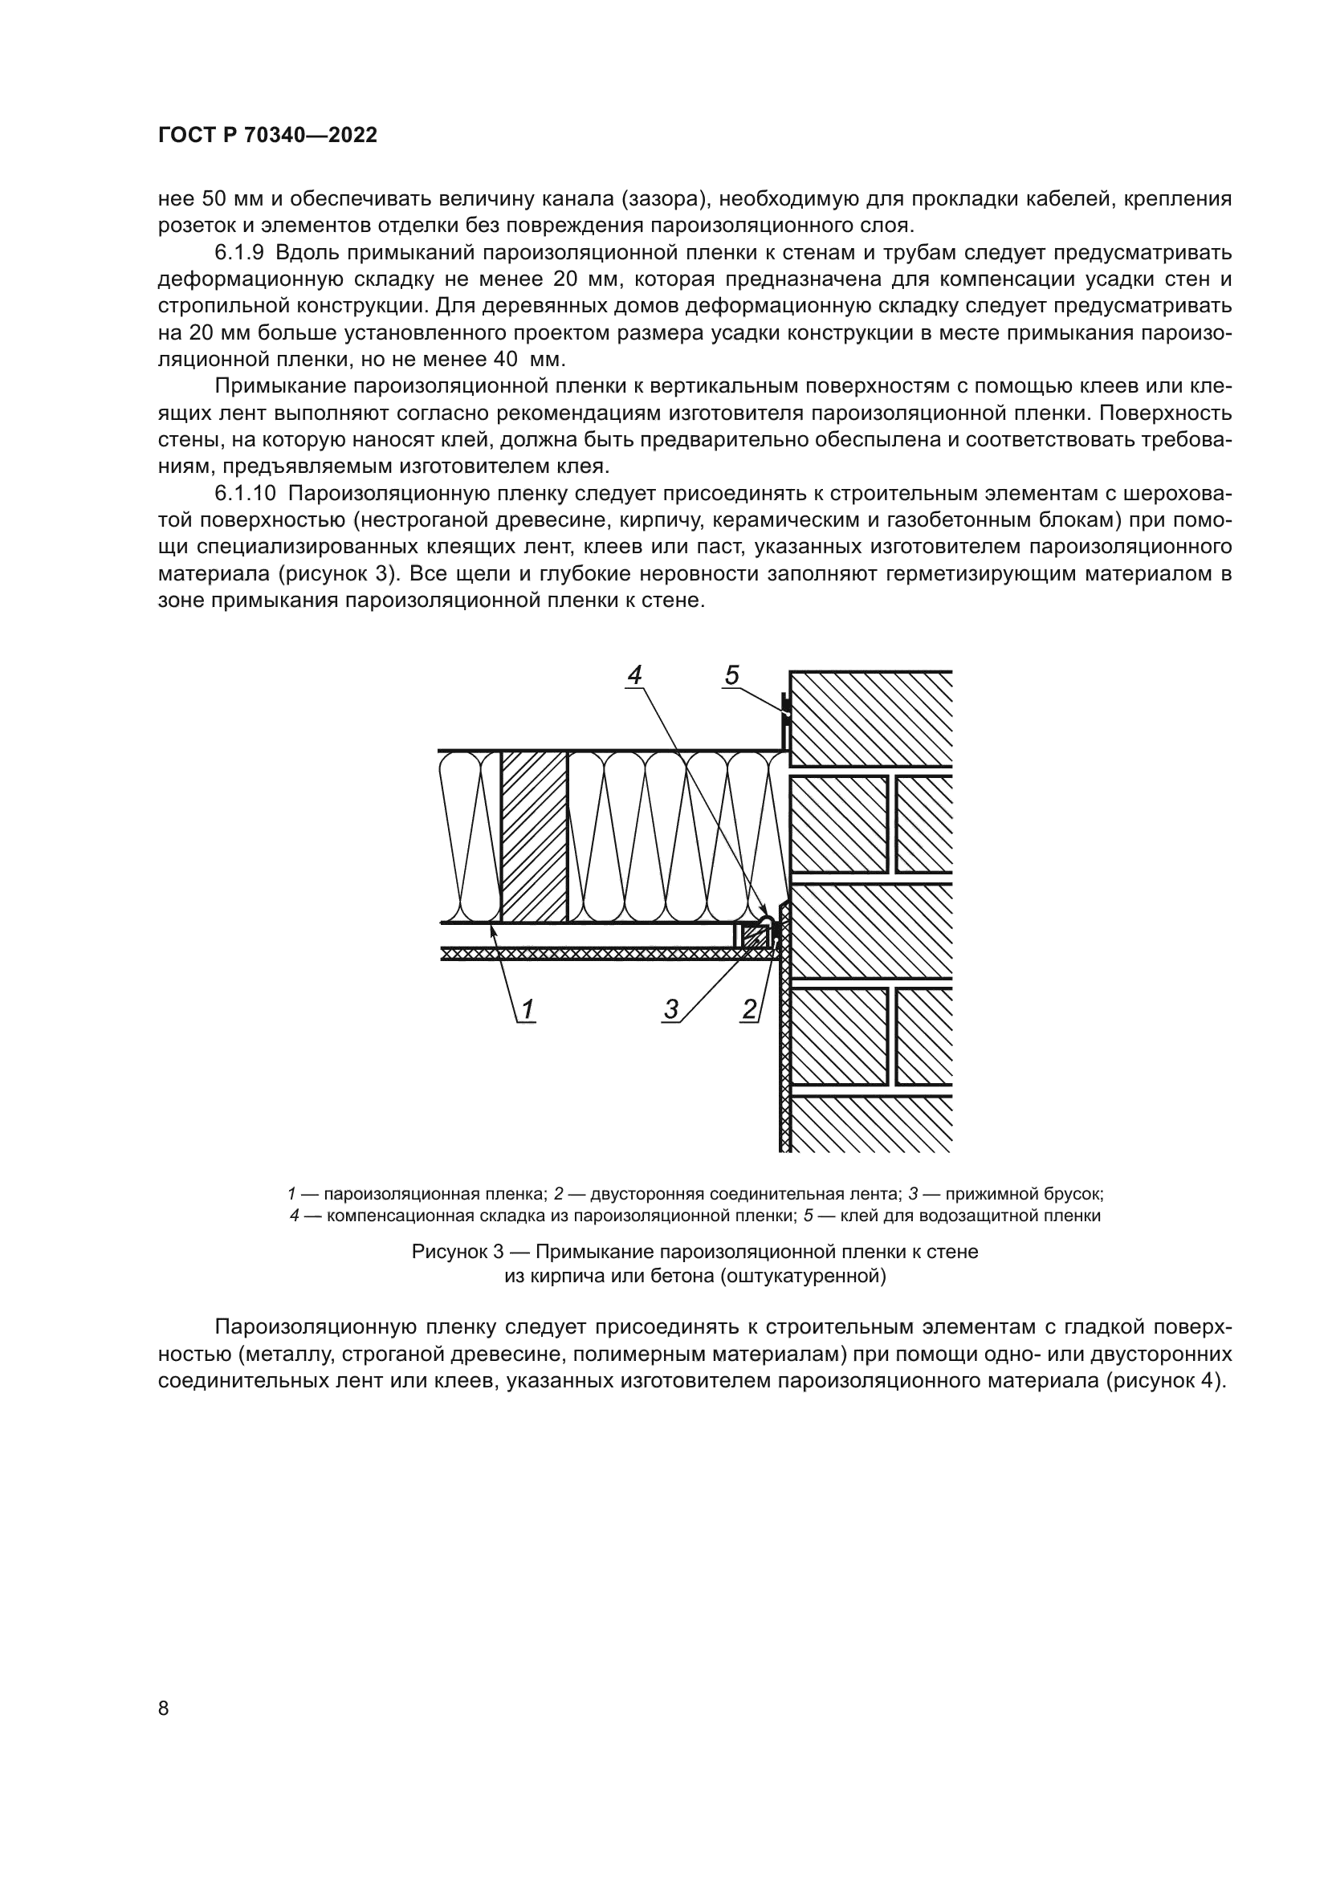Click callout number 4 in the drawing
[x=634, y=675]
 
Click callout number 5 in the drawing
[x=732, y=675]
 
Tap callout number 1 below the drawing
[x=528, y=1010]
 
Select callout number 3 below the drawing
[x=671, y=1010]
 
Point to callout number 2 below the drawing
[x=749, y=1010]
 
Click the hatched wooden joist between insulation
[x=534, y=837]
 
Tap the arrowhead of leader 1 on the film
[x=492, y=927]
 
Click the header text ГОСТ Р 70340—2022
[x=267, y=136]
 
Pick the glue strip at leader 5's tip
[x=785, y=711]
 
